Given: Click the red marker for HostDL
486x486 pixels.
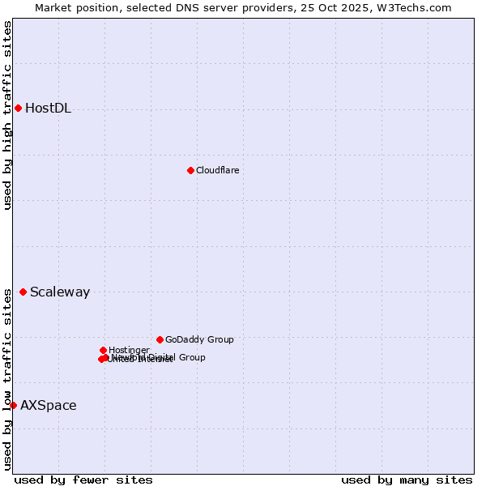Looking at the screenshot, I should (18, 108).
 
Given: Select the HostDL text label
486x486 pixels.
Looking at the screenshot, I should (48, 109).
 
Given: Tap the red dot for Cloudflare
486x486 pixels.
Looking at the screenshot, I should (190, 170).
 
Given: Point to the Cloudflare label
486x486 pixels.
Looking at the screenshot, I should (217, 170).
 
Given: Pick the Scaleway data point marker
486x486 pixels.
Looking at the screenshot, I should (23, 292).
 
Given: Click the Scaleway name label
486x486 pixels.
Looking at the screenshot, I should (60, 292).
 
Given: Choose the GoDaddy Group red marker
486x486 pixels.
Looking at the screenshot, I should (160, 339).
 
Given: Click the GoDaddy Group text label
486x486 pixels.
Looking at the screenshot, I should (199, 339).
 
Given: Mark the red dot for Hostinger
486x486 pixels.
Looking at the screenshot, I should (103, 350).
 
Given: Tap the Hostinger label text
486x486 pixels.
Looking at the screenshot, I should (129, 350).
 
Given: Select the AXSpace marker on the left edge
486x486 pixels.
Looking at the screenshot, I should (13, 405).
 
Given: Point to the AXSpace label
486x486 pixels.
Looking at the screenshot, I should (49, 406).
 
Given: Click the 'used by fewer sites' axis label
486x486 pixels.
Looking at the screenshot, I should (83, 480).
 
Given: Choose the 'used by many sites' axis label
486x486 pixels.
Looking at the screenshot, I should (407, 480).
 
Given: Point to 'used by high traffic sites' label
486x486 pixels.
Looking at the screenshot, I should (7, 115).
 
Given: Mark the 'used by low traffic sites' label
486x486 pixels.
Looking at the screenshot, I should (7, 379).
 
